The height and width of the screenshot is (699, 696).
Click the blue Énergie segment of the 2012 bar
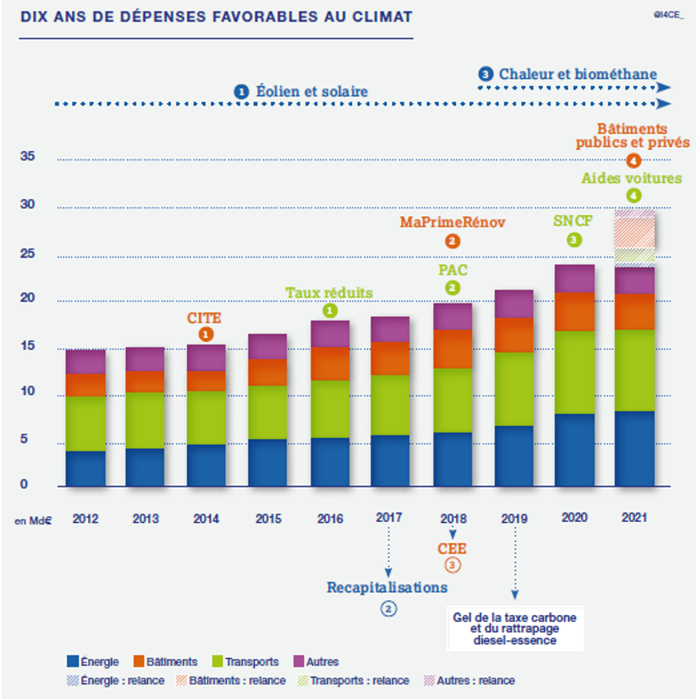[86, 469]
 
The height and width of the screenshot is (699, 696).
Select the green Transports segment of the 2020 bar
[575, 372]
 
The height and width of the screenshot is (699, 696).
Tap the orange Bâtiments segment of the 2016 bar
[330, 363]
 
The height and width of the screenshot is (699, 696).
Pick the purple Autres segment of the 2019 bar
[513, 304]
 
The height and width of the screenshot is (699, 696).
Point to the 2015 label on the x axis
[267, 519]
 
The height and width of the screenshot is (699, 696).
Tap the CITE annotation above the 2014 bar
[206, 317]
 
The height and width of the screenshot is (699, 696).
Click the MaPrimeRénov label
[452, 223]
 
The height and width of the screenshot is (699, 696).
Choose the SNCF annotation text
[574, 221]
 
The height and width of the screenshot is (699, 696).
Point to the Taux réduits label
[329, 293]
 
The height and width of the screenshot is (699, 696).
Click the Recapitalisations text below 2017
[387, 588]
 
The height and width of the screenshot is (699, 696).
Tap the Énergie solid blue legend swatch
[73, 662]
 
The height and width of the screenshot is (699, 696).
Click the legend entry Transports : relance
[370, 681]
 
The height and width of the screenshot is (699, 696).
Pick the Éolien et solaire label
[311, 91]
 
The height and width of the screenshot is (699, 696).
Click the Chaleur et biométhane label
[578, 74]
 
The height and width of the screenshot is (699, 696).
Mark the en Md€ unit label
[33, 521]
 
